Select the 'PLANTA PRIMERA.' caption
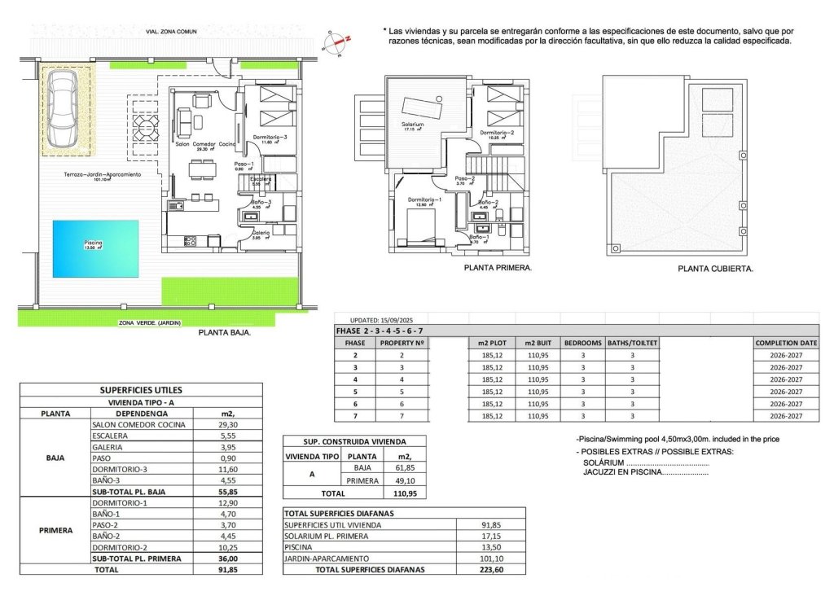click(x=497, y=267)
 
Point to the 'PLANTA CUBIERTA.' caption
click(x=715, y=268)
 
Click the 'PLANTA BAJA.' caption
click(x=224, y=333)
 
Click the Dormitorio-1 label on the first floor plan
click(x=424, y=199)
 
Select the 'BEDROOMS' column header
click(x=582, y=343)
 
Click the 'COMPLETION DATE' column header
click(x=786, y=343)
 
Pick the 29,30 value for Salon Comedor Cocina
click(x=227, y=424)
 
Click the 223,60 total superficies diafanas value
click(x=490, y=570)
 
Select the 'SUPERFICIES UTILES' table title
click(x=141, y=390)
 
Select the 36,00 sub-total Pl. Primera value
click(x=227, y=559)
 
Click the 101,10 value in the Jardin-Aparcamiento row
click(x=490, y=559)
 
